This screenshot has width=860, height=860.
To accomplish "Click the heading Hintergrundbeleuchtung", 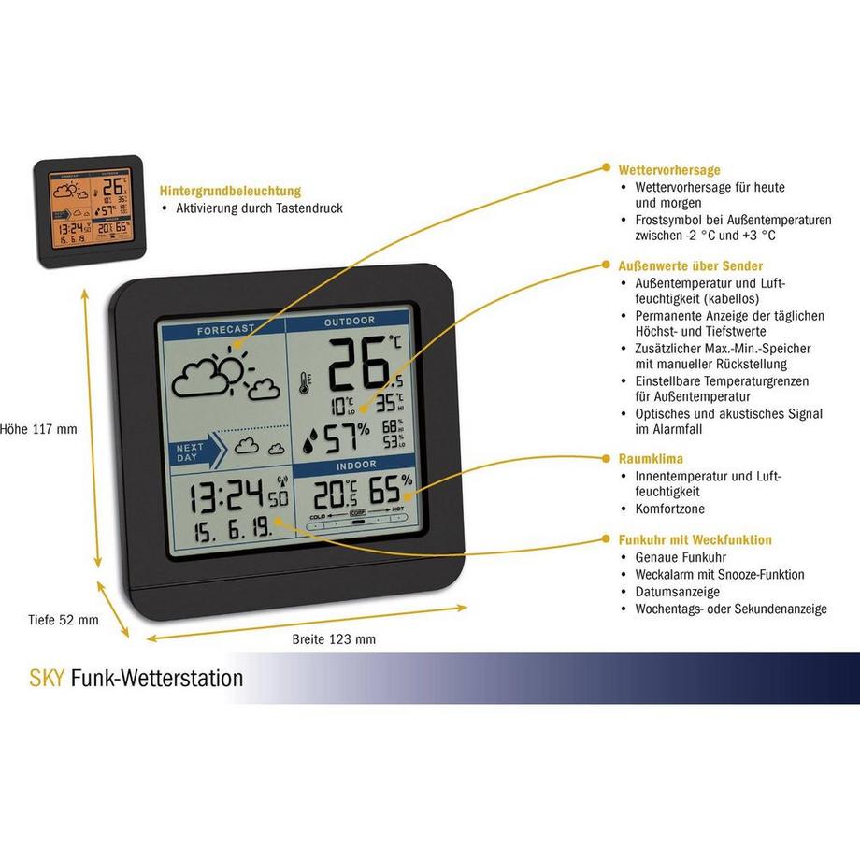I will [x=230, y=190].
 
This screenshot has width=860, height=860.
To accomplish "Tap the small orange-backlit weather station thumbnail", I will [x=89, y=209].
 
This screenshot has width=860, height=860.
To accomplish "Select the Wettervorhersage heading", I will [x=669, y=170].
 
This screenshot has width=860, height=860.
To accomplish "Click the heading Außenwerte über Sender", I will [x=691, y=265].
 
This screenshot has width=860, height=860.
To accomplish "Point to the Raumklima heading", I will [x=651, y=459].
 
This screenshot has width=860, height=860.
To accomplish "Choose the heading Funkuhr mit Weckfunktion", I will [x=695, y=539].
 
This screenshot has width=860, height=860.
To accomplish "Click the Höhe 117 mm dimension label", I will [x=39, y=429].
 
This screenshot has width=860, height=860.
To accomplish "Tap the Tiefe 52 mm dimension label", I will [x=62, y=619].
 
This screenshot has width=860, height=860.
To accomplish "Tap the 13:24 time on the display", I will [x=224, y=494].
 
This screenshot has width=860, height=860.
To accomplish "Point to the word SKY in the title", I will [x=48, y=678].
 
